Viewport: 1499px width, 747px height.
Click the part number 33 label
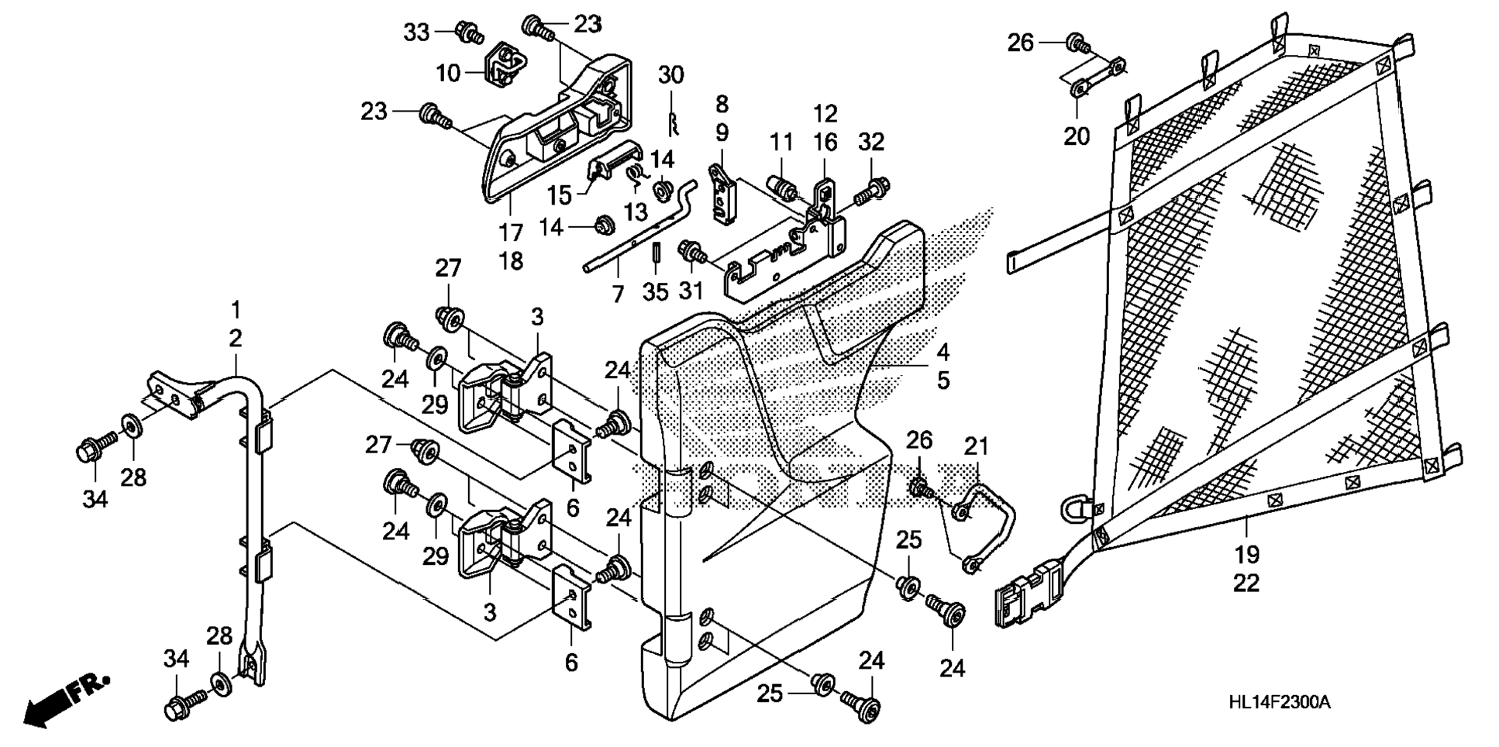click(416, 33)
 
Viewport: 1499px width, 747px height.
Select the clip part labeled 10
click(501, 61)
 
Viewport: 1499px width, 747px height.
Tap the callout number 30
click(671, 75)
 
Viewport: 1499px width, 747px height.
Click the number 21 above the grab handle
click(977, 446)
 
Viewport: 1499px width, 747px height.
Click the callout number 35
click(655, 292)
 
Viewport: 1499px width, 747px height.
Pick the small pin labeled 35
click(655, 252)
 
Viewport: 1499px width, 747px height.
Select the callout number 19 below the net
click(1246, 555)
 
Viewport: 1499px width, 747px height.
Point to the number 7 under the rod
click(618, 294)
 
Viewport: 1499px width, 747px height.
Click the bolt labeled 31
click(690, 250)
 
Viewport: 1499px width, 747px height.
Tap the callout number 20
click(1077, 136)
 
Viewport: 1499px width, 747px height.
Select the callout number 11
click(781, 142)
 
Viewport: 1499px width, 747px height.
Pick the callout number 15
click(559, 195)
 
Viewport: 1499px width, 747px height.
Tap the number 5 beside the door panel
click(942, 380)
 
